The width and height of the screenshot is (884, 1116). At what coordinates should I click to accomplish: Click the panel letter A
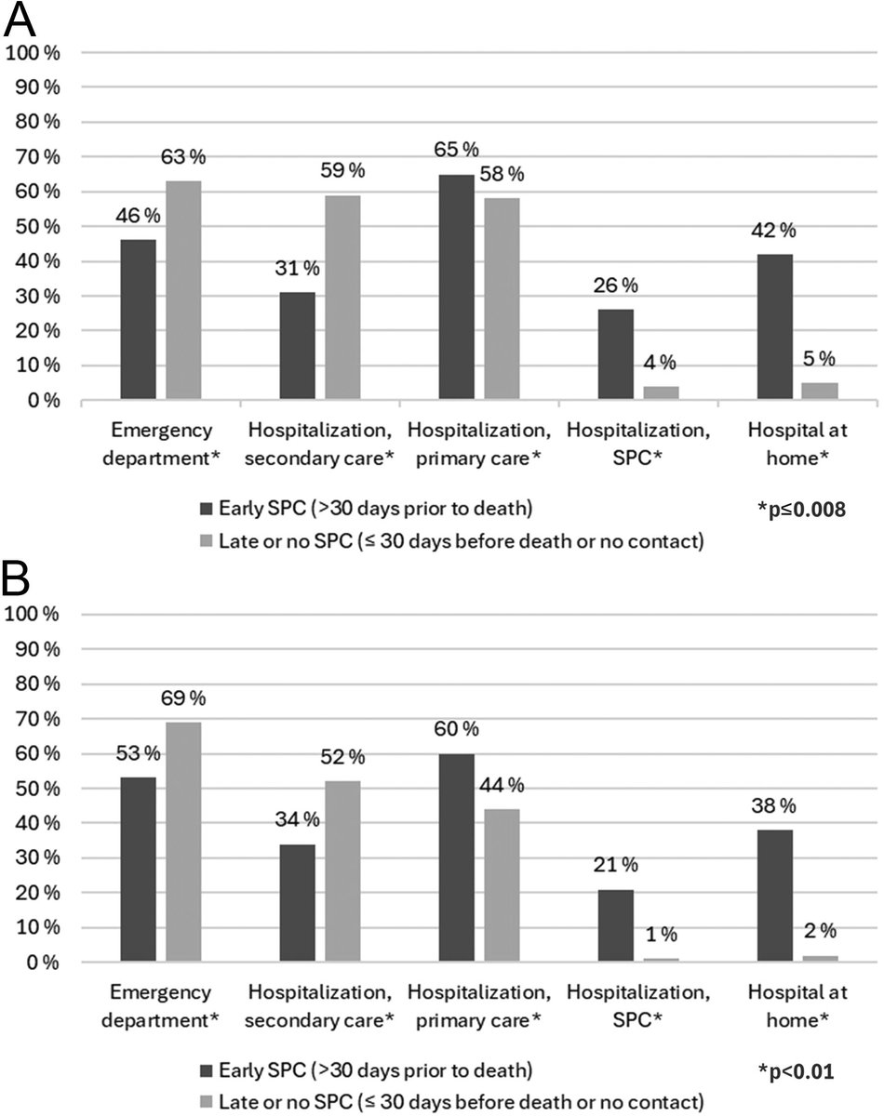20,19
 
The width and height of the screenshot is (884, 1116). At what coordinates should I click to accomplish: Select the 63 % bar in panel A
183,290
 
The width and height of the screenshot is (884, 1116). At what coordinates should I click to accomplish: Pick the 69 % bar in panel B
183,842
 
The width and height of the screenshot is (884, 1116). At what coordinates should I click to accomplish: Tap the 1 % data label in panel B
662,935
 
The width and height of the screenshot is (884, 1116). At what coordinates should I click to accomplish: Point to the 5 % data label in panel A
819,358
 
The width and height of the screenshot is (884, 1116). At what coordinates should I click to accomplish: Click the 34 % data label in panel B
298,819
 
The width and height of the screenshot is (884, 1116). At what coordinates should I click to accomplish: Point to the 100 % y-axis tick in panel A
33,52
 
